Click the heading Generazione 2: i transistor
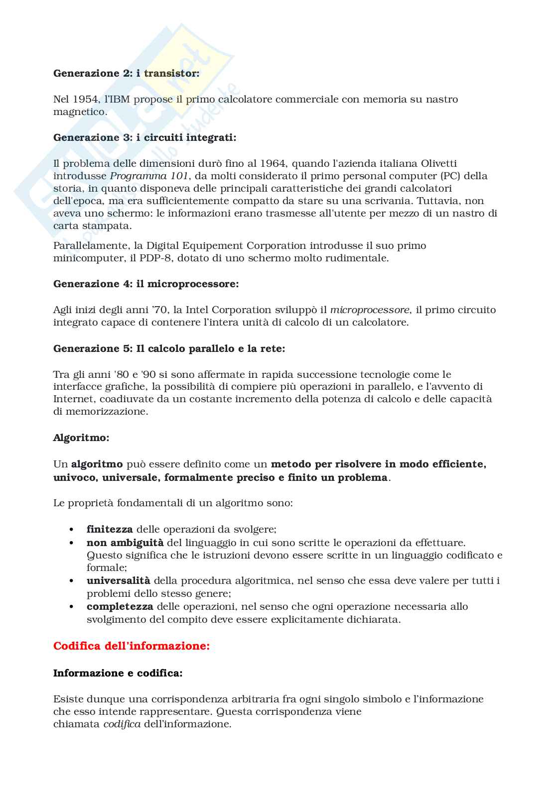tap(126, 73)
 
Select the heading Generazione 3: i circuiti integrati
tap(144, 137)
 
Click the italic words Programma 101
tap(149, 176)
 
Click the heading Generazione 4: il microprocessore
tap(146, 284)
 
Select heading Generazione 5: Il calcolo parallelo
tap(169, 348)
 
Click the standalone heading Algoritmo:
tap(81, 438)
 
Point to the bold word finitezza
tap(110, 529)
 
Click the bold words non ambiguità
tap(125, 543)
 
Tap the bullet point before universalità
tap(72, 581)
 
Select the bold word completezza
tap(120, 606)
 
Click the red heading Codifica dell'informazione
tap(132, 646)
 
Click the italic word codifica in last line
tap(122, 724)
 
